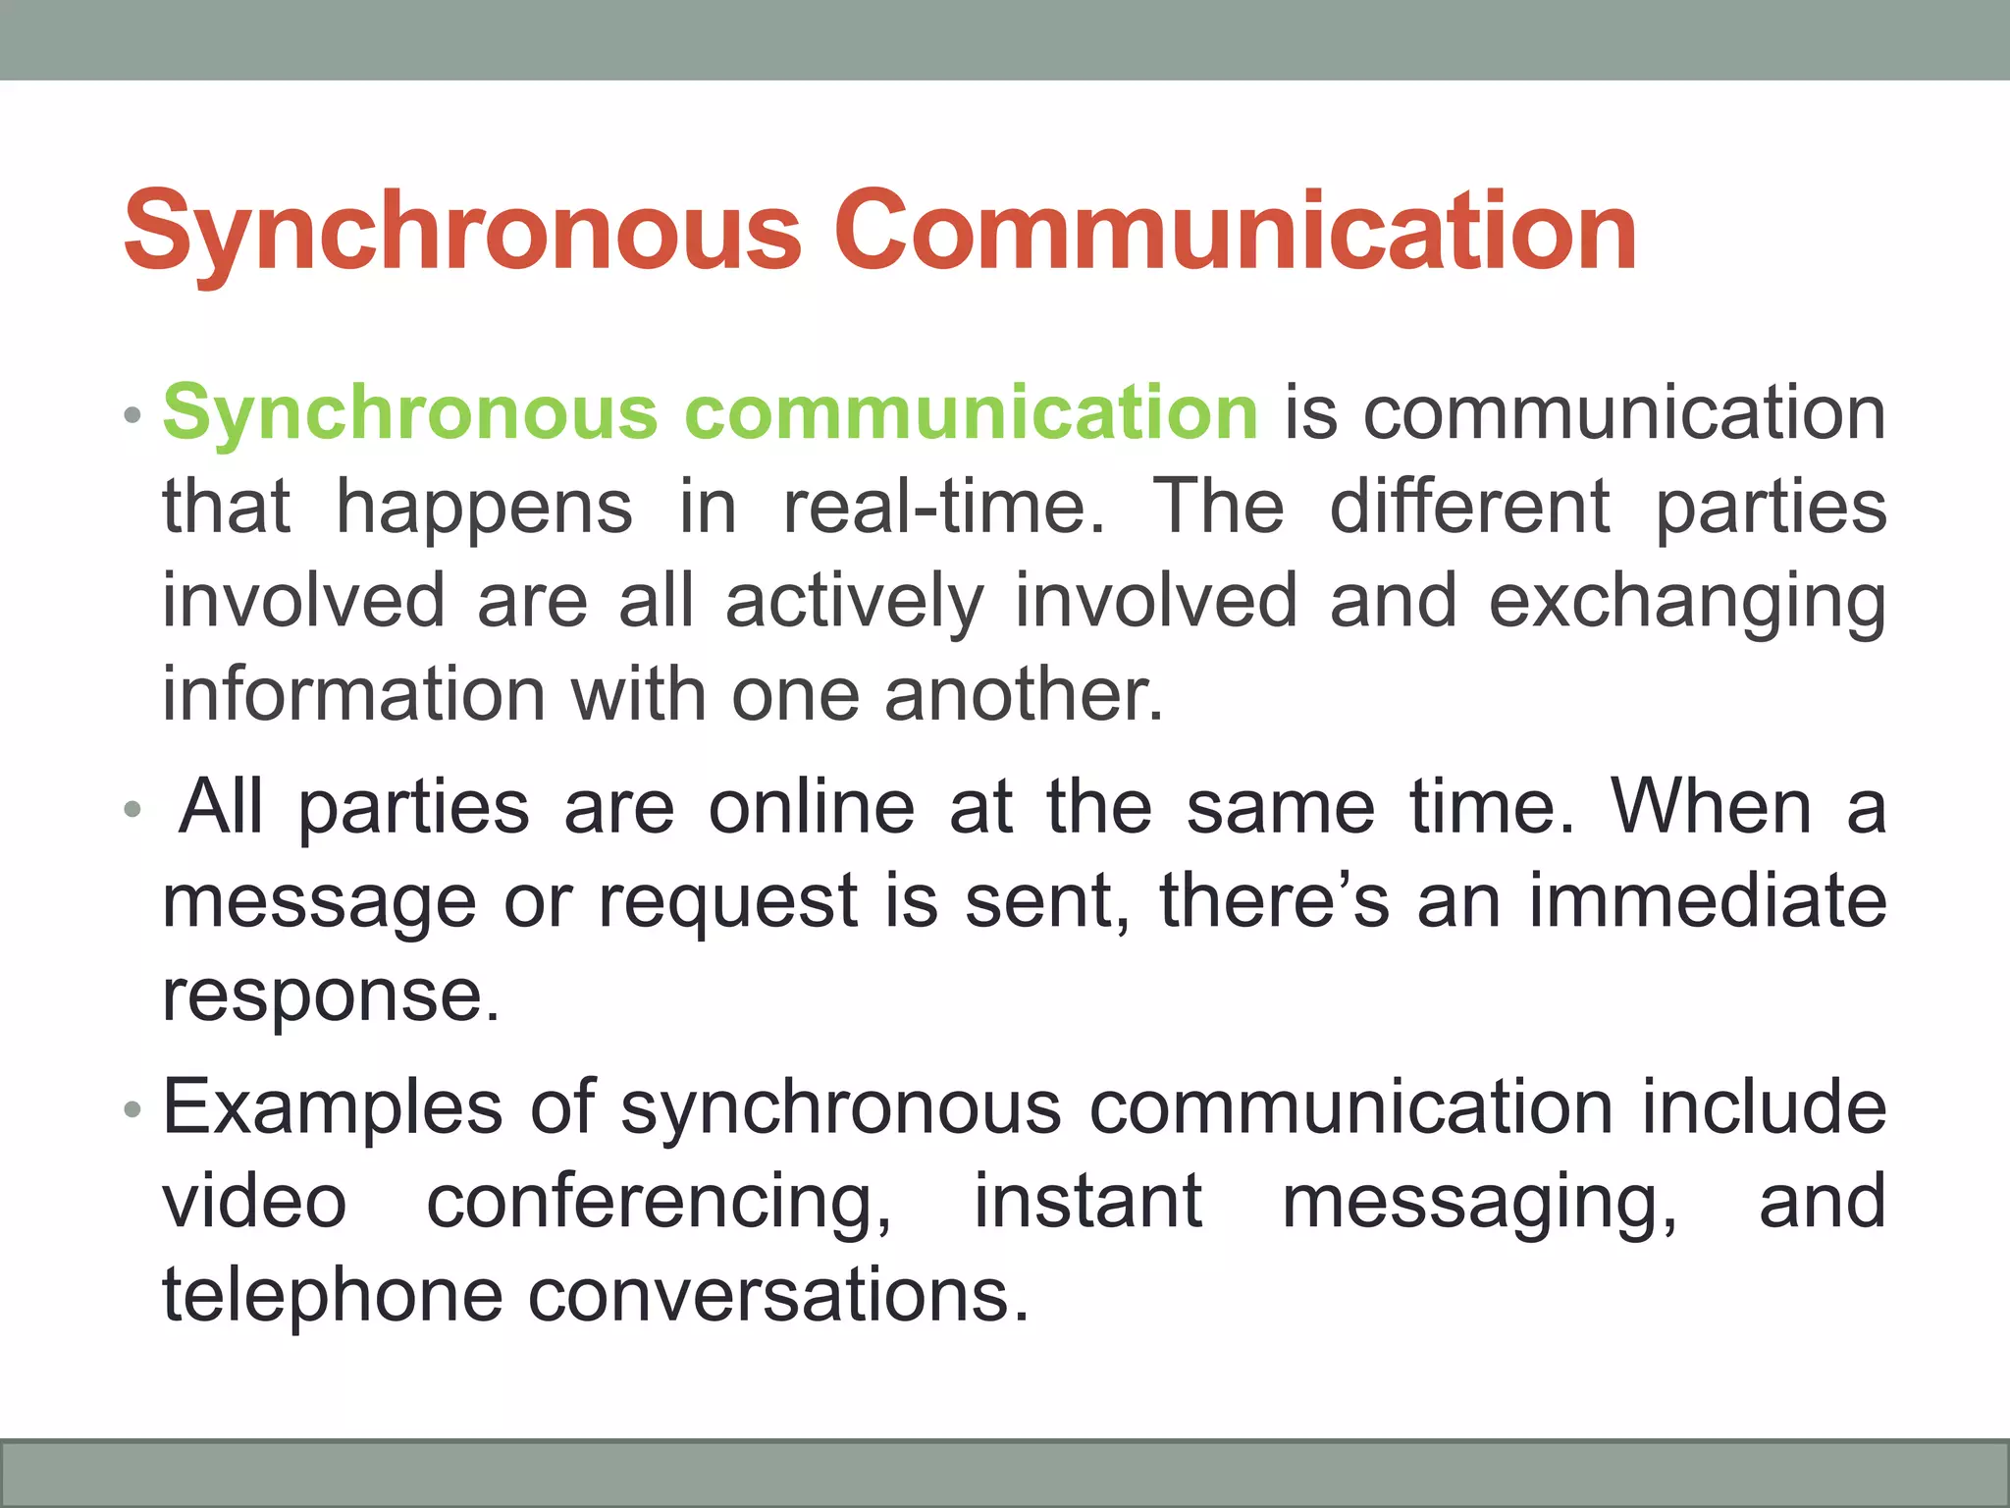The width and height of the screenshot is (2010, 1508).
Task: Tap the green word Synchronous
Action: pyautogui.click(x=410, y=412)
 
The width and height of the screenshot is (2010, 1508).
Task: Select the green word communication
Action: pyautogui.click(x=972, y=412)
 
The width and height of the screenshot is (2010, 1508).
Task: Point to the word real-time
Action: pyautogui.click(x=943, y=507)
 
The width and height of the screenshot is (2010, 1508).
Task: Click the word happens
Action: pyautogui.click(x=485, y=509)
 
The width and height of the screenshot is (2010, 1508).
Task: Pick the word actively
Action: pyautogui.click(x=854, y=601)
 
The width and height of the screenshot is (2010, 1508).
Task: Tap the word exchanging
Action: pyautogui.click(x=1687, y=603)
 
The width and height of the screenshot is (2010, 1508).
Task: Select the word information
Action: pyautogui.click(x=353, y=694)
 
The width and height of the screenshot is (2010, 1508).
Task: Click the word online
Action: pyautogui.click(x=812, y=807)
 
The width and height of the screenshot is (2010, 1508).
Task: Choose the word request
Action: pyautogui.click(x=728, y=901)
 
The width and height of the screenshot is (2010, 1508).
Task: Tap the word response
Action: pyautogui.click(x=331, y=996)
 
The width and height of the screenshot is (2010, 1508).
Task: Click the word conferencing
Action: pyautogui.click(x=659, y=1202)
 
